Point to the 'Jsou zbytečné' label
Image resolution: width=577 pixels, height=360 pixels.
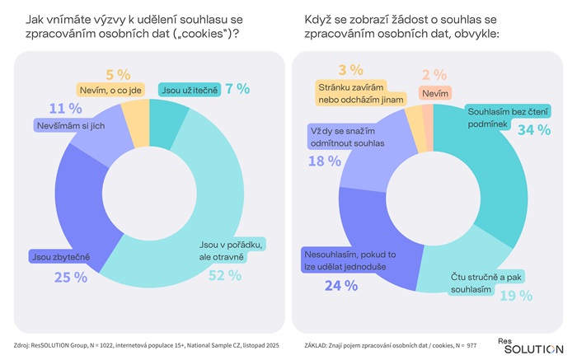point(59,257)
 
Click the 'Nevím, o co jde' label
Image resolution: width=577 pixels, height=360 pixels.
point(112,89)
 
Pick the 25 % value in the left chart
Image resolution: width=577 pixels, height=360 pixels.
point(71,278)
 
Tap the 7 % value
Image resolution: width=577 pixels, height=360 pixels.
point(237,89)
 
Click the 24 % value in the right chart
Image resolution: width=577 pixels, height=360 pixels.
point(340,285)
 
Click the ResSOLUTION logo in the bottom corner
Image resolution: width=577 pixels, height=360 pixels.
point(530,345)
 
